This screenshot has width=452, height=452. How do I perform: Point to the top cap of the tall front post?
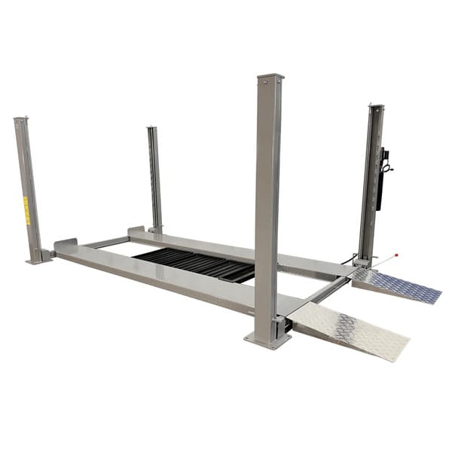[x=270, y=78]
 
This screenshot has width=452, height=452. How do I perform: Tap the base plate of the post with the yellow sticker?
[x=38, y=260]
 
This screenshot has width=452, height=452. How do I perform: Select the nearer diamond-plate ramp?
[x=351, y=328]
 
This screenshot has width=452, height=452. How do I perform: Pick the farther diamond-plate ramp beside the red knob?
[x=395, y=286]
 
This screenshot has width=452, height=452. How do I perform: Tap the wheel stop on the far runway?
[x=136, y=231]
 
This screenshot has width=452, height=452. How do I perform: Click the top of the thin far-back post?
[x=152, y=128]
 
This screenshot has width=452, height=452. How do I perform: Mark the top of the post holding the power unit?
[x=375, y=107]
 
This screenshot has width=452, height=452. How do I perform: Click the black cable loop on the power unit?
[x=387, y=167]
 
